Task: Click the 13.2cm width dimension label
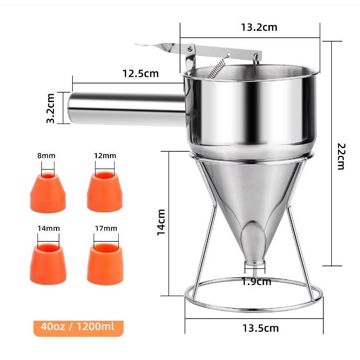coord(259,27)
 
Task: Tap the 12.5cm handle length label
coord(141,73)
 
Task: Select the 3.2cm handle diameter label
coord(51,108)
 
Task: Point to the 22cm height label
coord(341,156)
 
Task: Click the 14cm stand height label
coord(161,222)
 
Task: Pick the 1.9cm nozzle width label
coord(256,282)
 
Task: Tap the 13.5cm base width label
coord(261,328)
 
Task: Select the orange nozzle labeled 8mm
coord(48,193)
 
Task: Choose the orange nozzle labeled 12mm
coord(105,192)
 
